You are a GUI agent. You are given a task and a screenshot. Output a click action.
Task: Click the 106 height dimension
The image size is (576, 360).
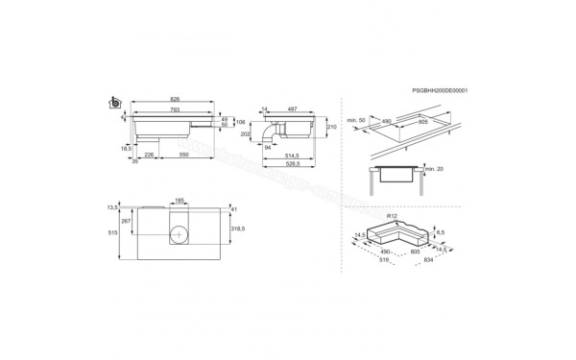(242, 121)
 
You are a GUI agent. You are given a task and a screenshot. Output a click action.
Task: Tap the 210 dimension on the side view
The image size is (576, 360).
(332, 127)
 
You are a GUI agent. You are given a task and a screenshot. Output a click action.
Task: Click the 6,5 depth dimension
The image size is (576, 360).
(441, 231)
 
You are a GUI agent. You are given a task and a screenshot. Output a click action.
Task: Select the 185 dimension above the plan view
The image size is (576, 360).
(179, 201)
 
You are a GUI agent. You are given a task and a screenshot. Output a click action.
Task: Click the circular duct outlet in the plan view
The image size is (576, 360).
(180, 232)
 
